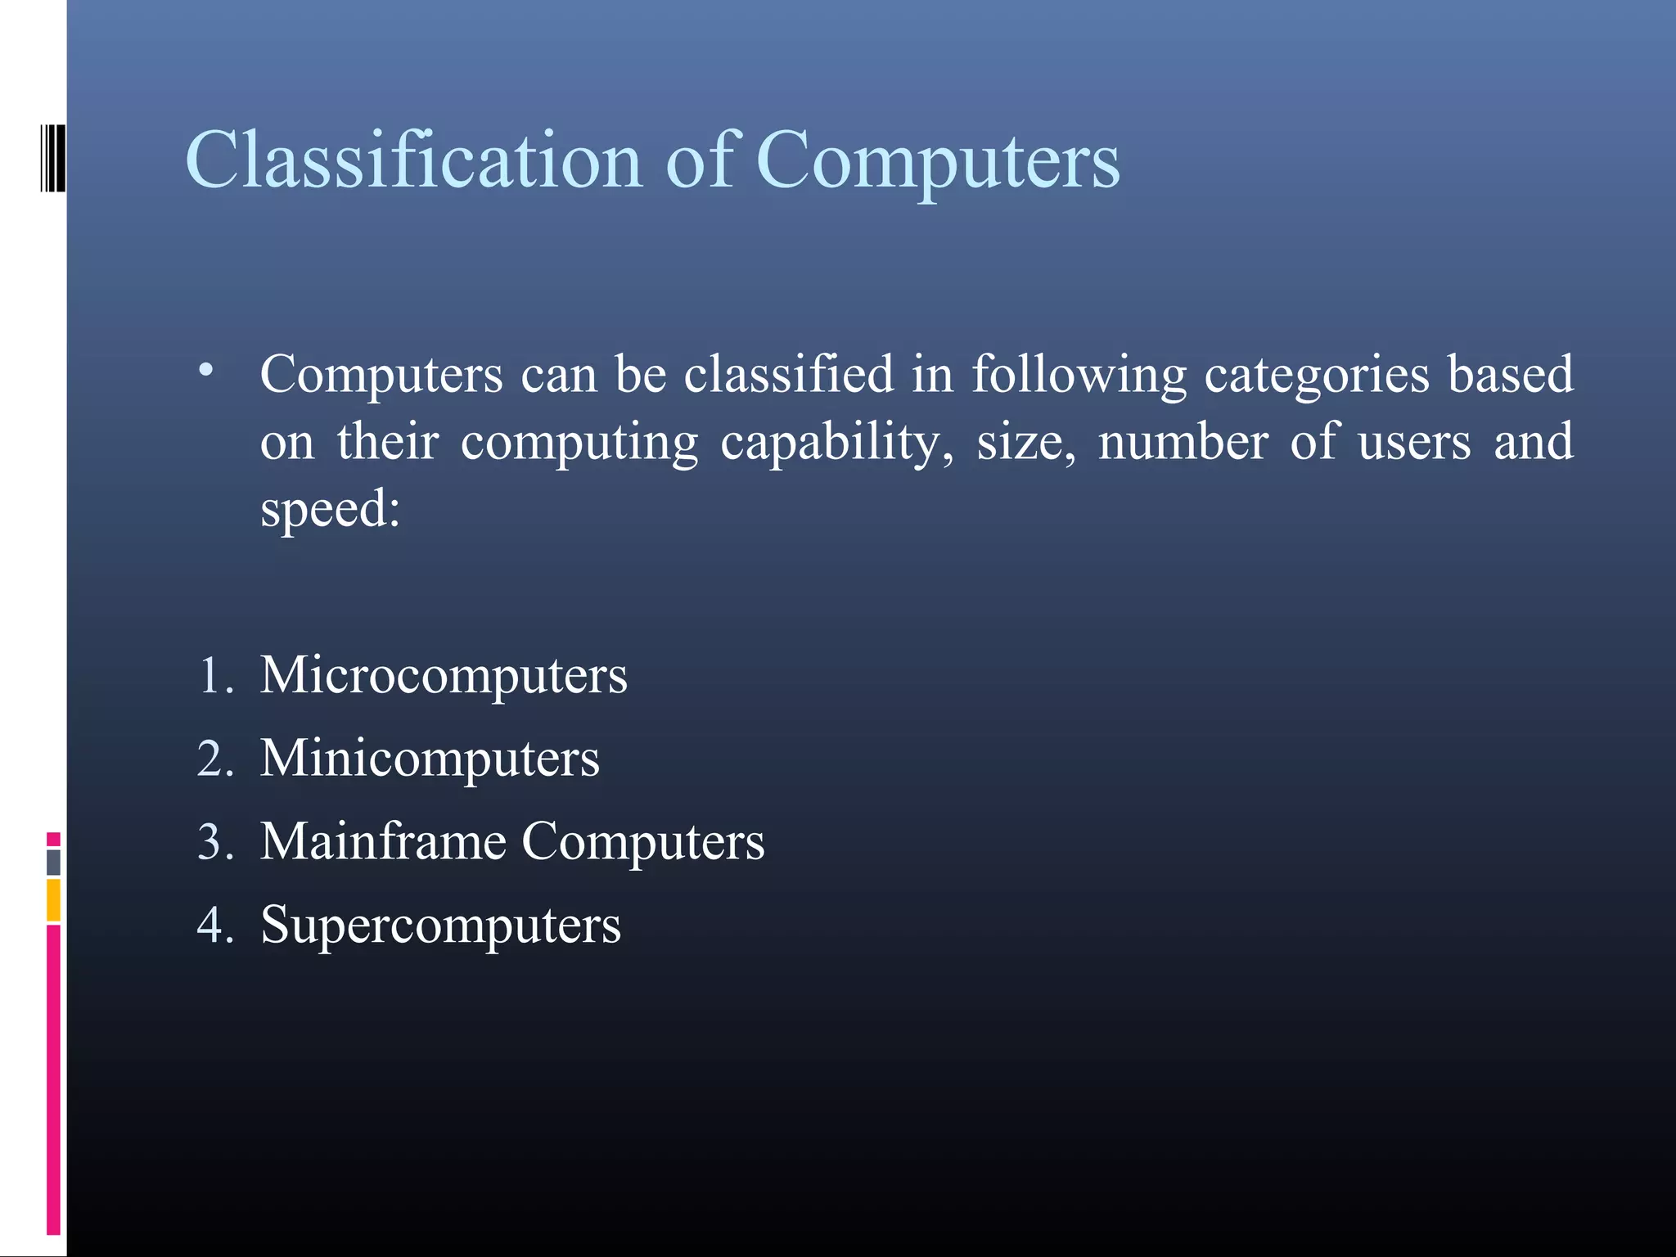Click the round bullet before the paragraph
click(206, 371)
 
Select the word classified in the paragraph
click(789, 375)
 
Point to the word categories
click(1317, 375)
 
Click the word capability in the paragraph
click(836, 443)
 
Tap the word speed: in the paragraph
click(331, 509)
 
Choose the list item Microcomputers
click(444, 676)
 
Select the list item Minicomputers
click(430, 759)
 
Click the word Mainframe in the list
click(383, 841)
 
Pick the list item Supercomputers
click(440, 926)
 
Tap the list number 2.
click(214, 759)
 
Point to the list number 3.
click(214, 842)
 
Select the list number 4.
click(214, 926)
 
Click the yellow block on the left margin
click(53, 900)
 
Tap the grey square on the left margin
click(53, 862)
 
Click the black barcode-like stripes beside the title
click(52, 158)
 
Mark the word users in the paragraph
click(1413, 443)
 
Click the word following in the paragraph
click(1079, 375)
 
